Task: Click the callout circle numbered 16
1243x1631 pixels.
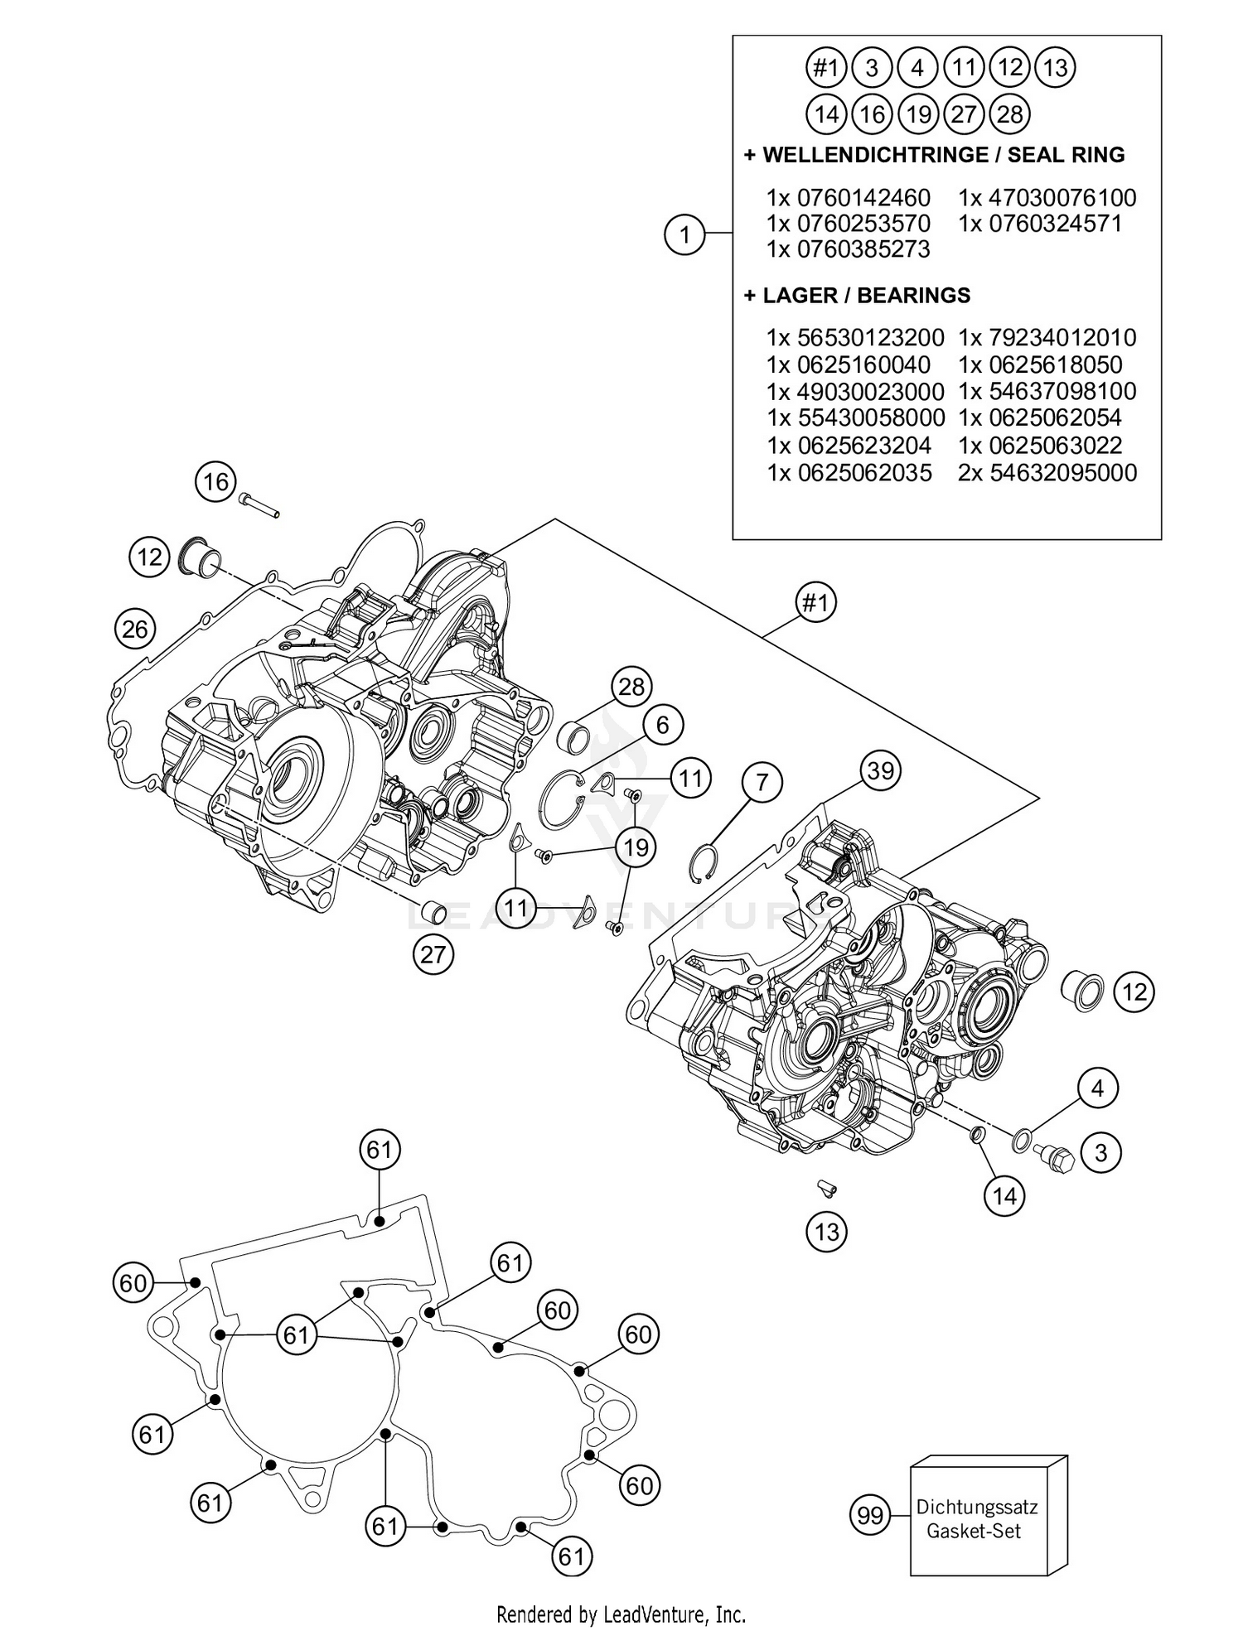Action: point(215,481)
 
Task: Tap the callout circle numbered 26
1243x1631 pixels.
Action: point(135,630)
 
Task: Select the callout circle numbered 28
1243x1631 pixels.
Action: point(631,687)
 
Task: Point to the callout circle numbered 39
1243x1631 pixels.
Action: point(880,771)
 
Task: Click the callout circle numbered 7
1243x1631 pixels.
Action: point(762,782)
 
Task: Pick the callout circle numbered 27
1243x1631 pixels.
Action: point(433,954)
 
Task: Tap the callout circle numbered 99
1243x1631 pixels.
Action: point(870,1516)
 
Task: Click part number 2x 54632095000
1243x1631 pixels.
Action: point(1047,473)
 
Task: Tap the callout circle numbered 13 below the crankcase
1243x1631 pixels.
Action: point(827,1232)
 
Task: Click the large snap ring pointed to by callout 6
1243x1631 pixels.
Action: point(561,799)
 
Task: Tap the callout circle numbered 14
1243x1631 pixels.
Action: point(1004,1196)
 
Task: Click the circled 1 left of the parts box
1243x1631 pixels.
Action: point(684,234)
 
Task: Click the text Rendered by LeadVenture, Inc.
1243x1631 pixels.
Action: point(621,1614)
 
